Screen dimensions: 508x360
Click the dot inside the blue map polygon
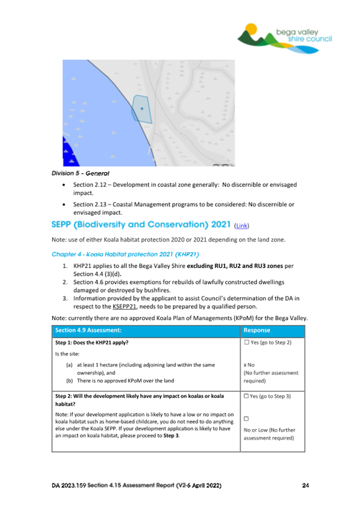pyautogui.click(x=142, y=108)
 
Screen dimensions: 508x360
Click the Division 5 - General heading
pyautogui.click(x=81, y=173)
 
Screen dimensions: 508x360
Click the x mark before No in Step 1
pyautogui.click(x=245, y=365)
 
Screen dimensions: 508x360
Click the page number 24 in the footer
pyautogui.click(x=305, y=486)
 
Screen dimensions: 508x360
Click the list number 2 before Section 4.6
pyautogui.click(x=65, y=281)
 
